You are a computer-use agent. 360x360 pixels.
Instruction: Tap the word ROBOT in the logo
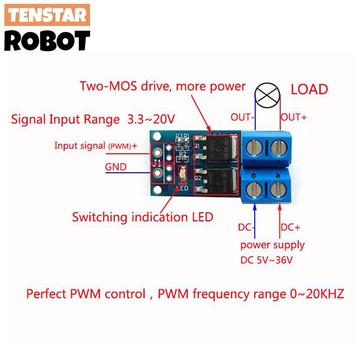point(47,40)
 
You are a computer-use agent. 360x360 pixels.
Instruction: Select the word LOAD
point(309,89)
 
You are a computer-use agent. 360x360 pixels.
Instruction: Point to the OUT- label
point(243,117)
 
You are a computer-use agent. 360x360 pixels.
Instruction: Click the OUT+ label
point(294,117)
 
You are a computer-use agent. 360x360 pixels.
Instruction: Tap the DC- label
point(247,228)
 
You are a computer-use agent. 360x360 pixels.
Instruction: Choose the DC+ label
point(290,228)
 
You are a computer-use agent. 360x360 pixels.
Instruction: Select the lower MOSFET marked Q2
point(220,181)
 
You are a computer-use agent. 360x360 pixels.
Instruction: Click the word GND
point(116,167)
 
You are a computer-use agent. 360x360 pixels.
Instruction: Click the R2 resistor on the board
point(182,158)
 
